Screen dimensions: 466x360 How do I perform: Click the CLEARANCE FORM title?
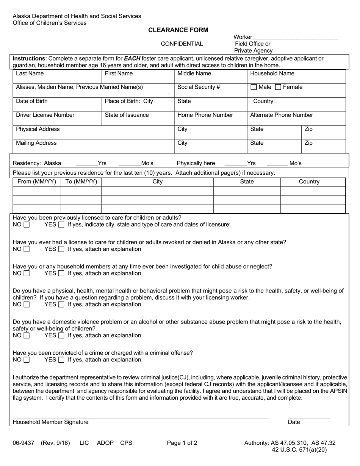pyautogui.click(x=178, y=30)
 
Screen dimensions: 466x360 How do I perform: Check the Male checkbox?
pyautogui.click(x=254, y=87)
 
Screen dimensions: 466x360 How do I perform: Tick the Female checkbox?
pyautogui.click(x=278, y=87)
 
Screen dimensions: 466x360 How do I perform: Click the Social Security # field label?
pyautogui.click(x=199, y=87)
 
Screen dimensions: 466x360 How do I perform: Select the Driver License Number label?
pyautogui.click(x=45, y=115)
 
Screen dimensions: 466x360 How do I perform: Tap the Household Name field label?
pyautogui.click(x=272, y=73)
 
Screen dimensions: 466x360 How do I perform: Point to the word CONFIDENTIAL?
pyautogui.click(x=182, y=44)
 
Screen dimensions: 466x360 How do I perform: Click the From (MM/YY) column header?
pyautogui.click(x=37, y=181)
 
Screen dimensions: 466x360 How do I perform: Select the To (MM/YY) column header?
pyautogui.click(x=81, y=181)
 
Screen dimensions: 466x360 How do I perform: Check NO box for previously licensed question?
pyautogui.click(x=27, y=225)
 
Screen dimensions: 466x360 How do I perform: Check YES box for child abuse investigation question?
pyautogui.click(x=61, y=274)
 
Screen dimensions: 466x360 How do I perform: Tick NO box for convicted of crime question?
pyautogui.click(x=27, y=360)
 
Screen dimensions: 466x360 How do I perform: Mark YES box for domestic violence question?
pyautogui.click(x=61, y=336)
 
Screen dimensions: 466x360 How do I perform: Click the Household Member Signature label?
pyautogui.click(x=50, y=422)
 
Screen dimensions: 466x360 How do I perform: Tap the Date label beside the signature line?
pyautogui.click(x=294, y=422)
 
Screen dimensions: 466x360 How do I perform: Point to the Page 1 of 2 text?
pyautogui.click(x=182, y=443)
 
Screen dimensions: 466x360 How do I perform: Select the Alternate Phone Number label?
pyautogui.click(x=282, y=115)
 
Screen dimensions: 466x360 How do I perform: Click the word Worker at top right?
pyautogui.click(x=243, y=37)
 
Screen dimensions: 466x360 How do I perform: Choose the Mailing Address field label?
pyautogui.click(x=36, y=143)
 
